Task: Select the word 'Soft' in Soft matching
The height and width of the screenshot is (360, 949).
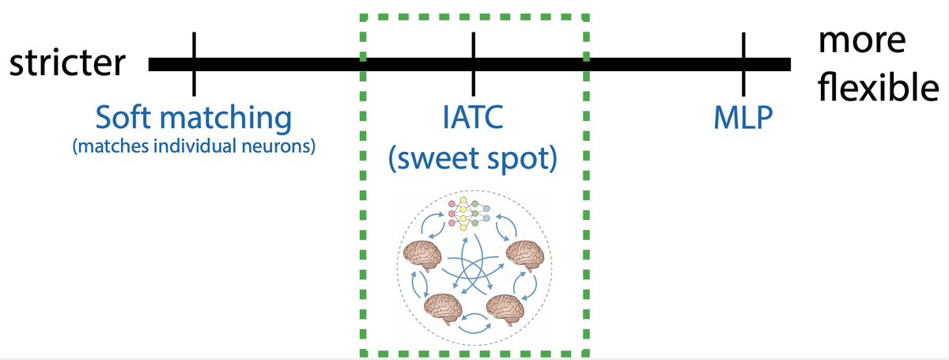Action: click(123, 119)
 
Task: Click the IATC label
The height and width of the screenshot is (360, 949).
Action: click(473, 119)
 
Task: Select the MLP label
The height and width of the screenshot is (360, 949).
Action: click(743, 119)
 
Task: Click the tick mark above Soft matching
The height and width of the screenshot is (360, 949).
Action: click(195, 62)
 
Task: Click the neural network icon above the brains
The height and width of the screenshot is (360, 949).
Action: click(471, 213)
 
